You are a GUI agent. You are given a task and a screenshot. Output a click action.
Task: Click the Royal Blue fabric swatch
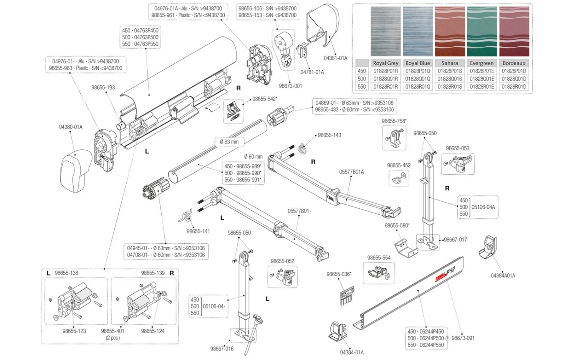pyautogui.click(x=417, y=31)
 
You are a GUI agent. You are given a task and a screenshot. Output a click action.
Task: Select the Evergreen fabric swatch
pyautogui.click(x=482, y=31)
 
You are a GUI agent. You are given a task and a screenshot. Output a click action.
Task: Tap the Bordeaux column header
pyautogui.click(x=514, y=63)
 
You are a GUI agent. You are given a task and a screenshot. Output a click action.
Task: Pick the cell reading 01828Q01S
pyautogui.click(x=450, y=79)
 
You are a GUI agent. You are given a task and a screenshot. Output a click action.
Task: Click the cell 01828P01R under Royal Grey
pyautogui.click(x=386, y=71)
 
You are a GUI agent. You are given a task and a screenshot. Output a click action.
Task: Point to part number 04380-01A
pyautogui.click(x=71, y=127)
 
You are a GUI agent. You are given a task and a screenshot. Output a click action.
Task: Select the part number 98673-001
pyautogui.click(x=290, y=86)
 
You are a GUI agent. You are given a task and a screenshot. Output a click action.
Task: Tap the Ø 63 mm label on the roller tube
pyautogui.click(x=229, y=142)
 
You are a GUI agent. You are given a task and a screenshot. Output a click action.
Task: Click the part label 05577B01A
pyautogui.click(x=351, y=172)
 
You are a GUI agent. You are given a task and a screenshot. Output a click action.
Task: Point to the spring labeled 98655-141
pyautogui.click(x=185, y=216)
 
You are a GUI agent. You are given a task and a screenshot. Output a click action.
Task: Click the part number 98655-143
pyautogui.click(x=329, y=135)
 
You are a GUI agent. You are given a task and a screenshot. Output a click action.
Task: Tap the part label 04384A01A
pyautogui.click(x=503, y=276)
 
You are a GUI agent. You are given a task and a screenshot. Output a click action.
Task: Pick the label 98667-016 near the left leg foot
pyautogui.click(x=222, y=349)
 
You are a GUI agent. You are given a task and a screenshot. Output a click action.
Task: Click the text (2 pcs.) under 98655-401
pyautogui.click(x=113, y=338)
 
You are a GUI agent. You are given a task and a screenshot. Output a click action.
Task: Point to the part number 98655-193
pyautogui.click(x=103, y=88)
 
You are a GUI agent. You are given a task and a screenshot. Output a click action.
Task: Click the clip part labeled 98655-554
pyautogui.click(x=378, y=273)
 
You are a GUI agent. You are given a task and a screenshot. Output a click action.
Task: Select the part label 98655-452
pyautogui.click(x=399, y=165)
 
